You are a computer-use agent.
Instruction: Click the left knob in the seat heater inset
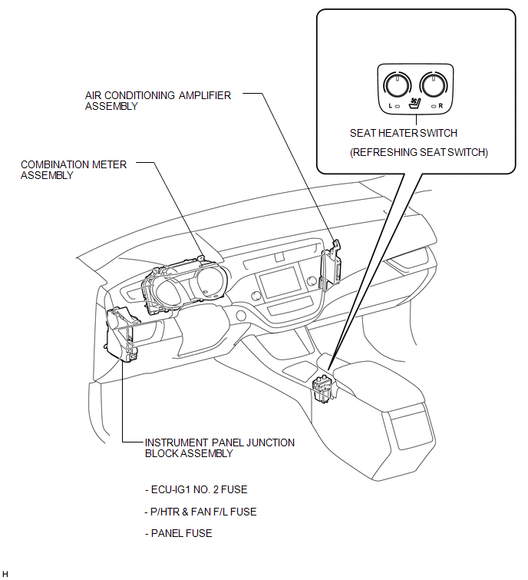(x=397, y=85)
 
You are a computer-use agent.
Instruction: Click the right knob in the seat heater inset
(x=434, y=85)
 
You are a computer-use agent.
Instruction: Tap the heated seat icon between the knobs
(x=415, y=103)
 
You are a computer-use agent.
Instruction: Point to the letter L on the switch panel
(x=391, y=106)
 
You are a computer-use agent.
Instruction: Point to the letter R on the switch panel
(x=441, y=106)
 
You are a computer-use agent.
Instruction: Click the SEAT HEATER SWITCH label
(x=404, y=133)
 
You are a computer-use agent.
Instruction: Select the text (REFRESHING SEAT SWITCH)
(x=419, y=152)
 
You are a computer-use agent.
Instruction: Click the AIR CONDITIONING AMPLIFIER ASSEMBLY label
(x=158, y=101)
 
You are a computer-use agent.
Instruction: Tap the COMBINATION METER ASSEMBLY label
(x=74, y=170)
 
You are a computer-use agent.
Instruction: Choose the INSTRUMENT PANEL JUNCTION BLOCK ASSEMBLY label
(x=219, y=448)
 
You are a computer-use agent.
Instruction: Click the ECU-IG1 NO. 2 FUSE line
(x=196, y=490)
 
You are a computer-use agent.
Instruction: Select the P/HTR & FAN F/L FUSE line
(x=200, y=512)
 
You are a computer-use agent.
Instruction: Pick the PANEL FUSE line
(x=179, y=533)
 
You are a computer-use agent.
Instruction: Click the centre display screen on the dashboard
(x=280, y=283)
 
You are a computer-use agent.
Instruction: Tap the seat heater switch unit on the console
(x=324, y=388)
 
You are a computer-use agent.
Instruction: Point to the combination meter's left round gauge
(x=168, y=293)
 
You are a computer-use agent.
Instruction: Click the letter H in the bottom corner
(x=5, y=574)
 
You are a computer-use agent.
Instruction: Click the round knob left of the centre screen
(x=256, y=296)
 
